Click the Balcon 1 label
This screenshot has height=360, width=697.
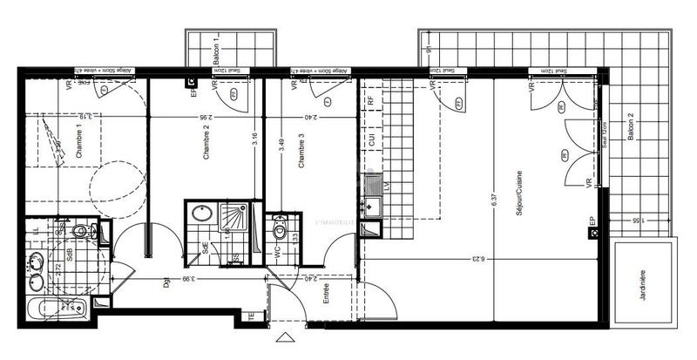pos(215,50)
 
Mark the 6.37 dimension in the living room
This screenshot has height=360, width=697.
pos(493,198)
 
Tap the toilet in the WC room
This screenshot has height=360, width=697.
pos(280,231)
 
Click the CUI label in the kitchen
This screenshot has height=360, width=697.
pos(371,139)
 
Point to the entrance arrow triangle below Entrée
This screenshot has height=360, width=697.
pos(285,336)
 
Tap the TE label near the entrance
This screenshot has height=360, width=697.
pos(253,317)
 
